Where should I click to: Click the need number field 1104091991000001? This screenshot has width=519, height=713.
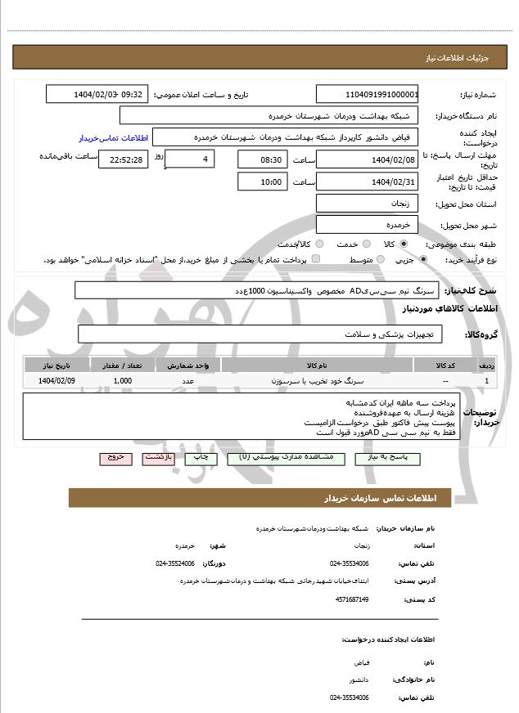(x=367, y=94)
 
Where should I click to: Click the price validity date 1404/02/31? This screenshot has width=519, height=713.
(x=367, y=182)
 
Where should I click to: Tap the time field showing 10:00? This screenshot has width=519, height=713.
(x=262, y=182)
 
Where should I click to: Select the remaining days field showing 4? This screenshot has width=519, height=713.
(x=190, y=158)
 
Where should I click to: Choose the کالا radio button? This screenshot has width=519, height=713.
(x=403, y=244)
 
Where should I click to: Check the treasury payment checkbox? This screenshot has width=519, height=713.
(x=316, y=259)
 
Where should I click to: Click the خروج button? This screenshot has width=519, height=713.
(x=115, y=458)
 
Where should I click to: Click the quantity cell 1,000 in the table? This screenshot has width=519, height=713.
(x=123, y=381)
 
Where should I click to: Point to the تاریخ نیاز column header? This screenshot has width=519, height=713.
(x=57, y=365)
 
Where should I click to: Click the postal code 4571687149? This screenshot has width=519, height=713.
(x=352, y=599)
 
